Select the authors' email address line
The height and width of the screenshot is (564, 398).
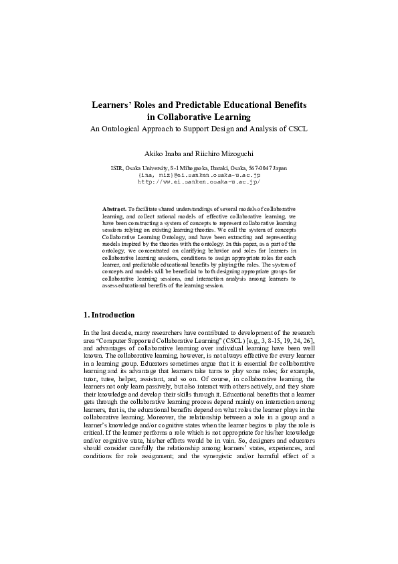[x=199, y=174]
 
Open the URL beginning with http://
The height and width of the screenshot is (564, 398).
[x=199, y=181]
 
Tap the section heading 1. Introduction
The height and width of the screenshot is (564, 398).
[x=109, y=315]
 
